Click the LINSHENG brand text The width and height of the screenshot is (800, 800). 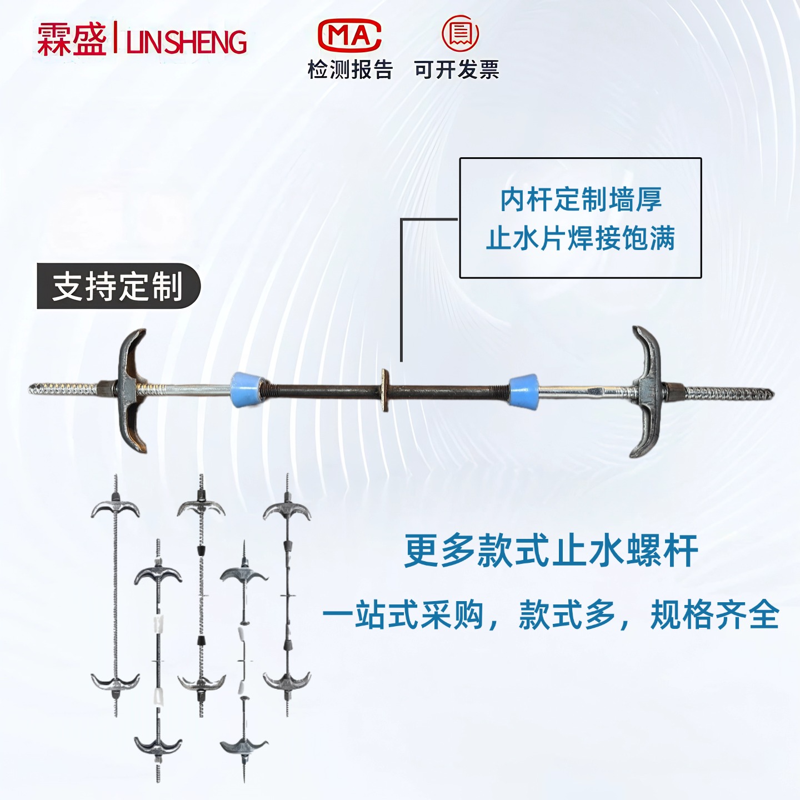[187, 42]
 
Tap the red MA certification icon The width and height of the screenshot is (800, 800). [349, 35]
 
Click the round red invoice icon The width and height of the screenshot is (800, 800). [460, 33]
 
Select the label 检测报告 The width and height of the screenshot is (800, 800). [350, 70]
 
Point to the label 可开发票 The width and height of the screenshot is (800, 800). [456, 70]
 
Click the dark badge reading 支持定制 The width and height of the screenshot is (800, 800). [118, 286]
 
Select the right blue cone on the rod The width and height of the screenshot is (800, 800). [523, 392]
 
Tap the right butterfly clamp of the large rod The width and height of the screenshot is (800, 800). [646, 391]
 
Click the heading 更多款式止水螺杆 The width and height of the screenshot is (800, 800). [551, 551]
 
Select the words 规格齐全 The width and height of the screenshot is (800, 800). [714, 615]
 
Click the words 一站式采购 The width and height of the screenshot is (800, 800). [403, 615]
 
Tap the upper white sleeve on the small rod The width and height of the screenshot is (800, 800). [158, 622]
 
